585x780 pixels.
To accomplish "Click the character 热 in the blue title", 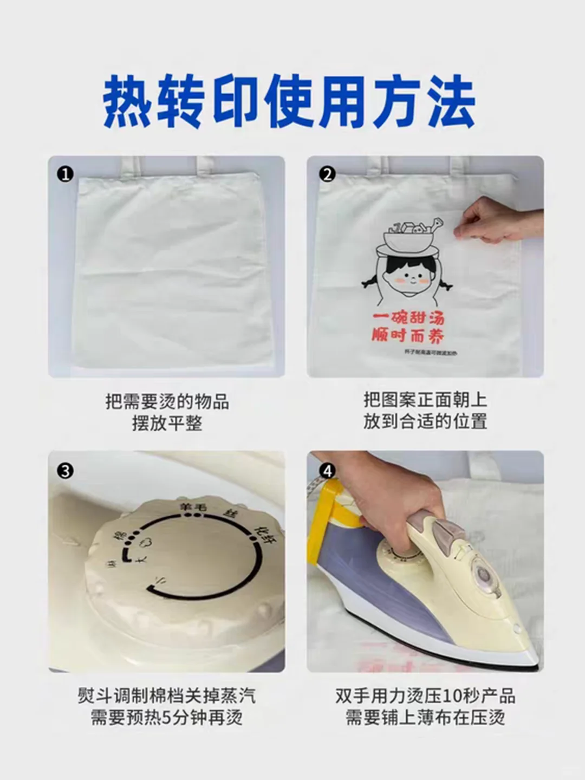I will click(x=127, y=103).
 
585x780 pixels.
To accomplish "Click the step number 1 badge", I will click(x=66, y=174).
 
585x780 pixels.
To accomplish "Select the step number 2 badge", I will click(x=327, y=174).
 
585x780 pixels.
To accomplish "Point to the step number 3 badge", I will click(x=66, y=471).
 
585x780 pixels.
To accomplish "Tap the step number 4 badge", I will click(x=327, y=471).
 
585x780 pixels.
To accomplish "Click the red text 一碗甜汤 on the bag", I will click(x=408, y=318).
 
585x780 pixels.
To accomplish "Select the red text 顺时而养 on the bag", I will click(x=408, y=336).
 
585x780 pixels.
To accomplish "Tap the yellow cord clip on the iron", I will click(x=336, y=506).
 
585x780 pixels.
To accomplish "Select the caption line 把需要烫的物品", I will click(x=167, y=402).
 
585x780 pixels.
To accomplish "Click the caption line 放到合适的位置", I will click(x=425, y=421).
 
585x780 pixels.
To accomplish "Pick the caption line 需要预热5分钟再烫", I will click(x=167, y=718).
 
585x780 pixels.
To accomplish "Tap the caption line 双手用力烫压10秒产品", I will click(x=425, y=696).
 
